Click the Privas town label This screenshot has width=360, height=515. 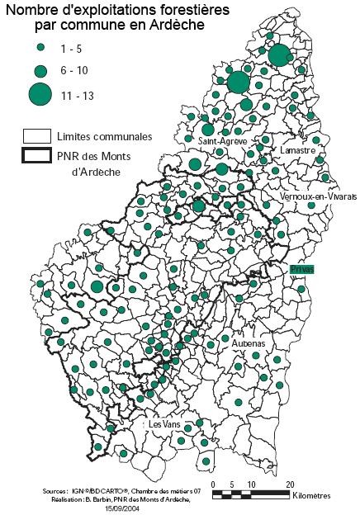(302, 270)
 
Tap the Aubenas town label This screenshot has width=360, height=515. (249, 343)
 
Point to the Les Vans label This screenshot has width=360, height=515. (163, 423)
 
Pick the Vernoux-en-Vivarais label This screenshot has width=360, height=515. (318, 198)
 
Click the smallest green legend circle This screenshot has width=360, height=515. (39, 50)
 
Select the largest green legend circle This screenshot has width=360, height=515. (39, 94)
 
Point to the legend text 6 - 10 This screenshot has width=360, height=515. (75, 70)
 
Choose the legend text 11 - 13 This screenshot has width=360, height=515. (78, 96)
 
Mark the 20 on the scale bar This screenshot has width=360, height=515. (289, 484)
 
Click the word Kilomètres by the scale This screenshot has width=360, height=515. (311, 495)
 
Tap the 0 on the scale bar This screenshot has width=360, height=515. (213, 484)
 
